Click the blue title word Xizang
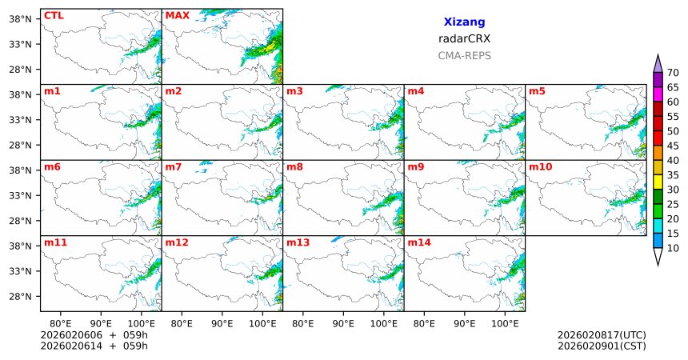tap(464, 22)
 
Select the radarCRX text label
tap(464, 38)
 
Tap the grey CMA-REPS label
tap(464, 56)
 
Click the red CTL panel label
tap(54, 15)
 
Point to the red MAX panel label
tap(177, 15)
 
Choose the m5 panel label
tap(537, 91)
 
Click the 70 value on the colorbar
tap(673, 73)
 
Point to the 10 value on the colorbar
tap(673, 249)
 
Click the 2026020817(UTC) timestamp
tap(601, 334)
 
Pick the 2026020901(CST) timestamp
tap(601, 346)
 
